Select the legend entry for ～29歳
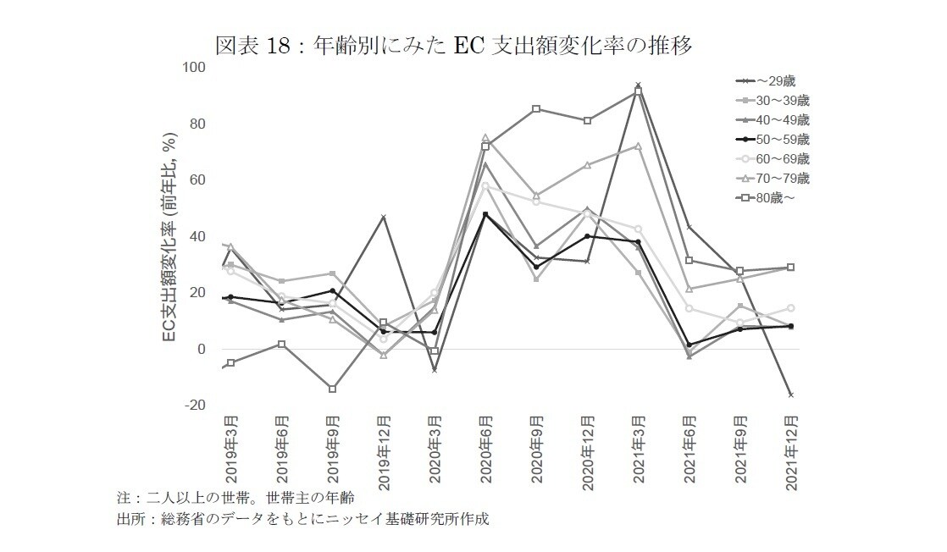(x=766, y=80)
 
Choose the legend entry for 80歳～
(x=766, y=197)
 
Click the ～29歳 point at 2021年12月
(x=790, y=395)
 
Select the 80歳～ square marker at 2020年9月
(x=536, y=108)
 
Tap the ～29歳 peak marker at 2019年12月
(x=384, y=218)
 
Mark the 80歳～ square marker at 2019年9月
(x=333, y=389)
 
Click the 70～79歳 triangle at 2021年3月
(x=638, y=146)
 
